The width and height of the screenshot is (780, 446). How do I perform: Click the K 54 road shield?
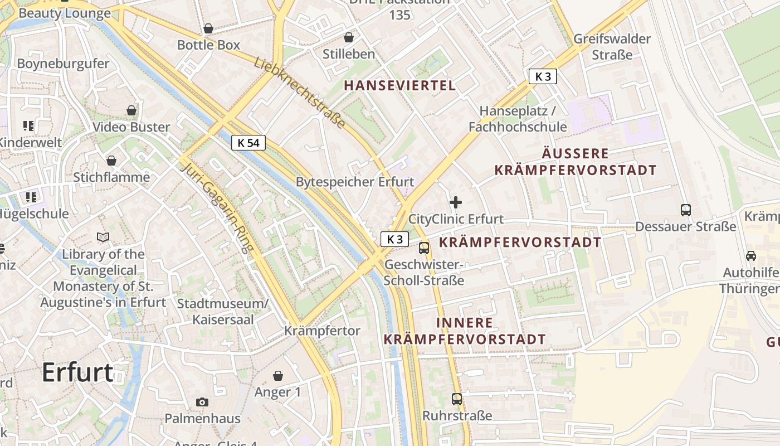(x=248, y=143)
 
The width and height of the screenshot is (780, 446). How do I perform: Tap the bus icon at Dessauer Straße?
(x=686, y=210)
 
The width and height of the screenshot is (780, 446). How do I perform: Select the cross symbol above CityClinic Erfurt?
(x=456, y=202)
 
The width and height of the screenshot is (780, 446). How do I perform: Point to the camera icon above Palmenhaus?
(x=202, y=402)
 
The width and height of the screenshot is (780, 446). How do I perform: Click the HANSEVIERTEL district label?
(x=400, y=85)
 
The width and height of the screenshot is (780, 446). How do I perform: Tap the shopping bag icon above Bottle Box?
(x=208, y=28)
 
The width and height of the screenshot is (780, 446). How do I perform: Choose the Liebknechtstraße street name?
(x=300, y=92)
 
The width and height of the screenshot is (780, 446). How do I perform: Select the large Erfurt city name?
(x=77, y=372)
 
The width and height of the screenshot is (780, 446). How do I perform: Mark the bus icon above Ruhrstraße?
(x=457, y=399)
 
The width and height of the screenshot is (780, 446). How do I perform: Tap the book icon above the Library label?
(x=103, y=237)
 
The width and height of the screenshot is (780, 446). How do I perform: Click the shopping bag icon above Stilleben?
(x=349, y=37)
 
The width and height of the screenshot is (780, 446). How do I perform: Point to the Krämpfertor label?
(x=322, y=331)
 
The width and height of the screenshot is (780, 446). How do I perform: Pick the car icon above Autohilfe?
(x=751, y=256)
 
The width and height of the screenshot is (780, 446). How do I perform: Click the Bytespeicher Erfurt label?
(x=355, y=182)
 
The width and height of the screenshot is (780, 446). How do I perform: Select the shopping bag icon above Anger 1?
(x=277, y=376)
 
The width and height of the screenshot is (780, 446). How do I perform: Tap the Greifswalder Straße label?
(x=612, y=47)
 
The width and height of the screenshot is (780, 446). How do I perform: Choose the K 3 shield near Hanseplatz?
(x=543, y=76)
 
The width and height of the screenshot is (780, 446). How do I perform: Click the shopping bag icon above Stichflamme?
(x=111, y=161)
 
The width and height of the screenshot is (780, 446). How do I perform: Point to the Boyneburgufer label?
(x=64, y=64)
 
